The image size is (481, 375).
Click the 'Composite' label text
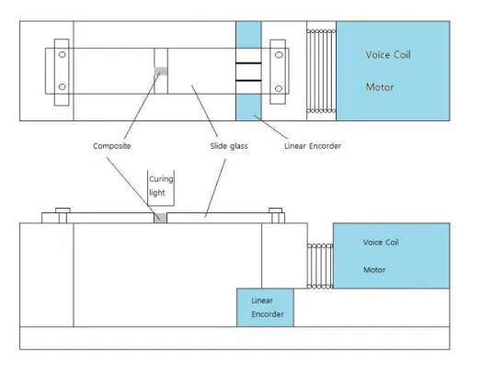click(x=111, y=146)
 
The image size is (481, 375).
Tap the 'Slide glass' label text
click(x=229, y=146)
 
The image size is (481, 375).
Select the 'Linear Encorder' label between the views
click(x=313, y=146)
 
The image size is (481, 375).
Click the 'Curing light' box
click(x=161, y=187)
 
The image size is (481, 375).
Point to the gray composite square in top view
click(x=161, y=71)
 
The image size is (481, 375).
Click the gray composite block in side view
click(x=160, y=218)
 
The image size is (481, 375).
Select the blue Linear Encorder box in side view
click(x=265, y=307)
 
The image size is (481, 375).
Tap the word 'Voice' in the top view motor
click(x=377, y=55)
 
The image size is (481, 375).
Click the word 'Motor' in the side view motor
click(x=374, y=270)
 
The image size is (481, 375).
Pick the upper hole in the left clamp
click(x=62, y=54)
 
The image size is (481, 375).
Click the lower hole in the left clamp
click(x=62, y=86)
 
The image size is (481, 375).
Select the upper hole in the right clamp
click(x=279, y=55)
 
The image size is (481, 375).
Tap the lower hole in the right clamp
click(x=279, y=88)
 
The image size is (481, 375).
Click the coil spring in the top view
click(x=321, y=71)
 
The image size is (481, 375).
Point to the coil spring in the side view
click(x=320, y=267)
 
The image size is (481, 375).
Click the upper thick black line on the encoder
click(x=248, y=63)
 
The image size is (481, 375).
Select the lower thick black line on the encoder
click(x=248, y=81)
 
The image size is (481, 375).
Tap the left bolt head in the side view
click(x=63, y=210)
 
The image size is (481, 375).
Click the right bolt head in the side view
click(x=276, y=210)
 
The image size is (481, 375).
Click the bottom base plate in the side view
click(x=235, y=338)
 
